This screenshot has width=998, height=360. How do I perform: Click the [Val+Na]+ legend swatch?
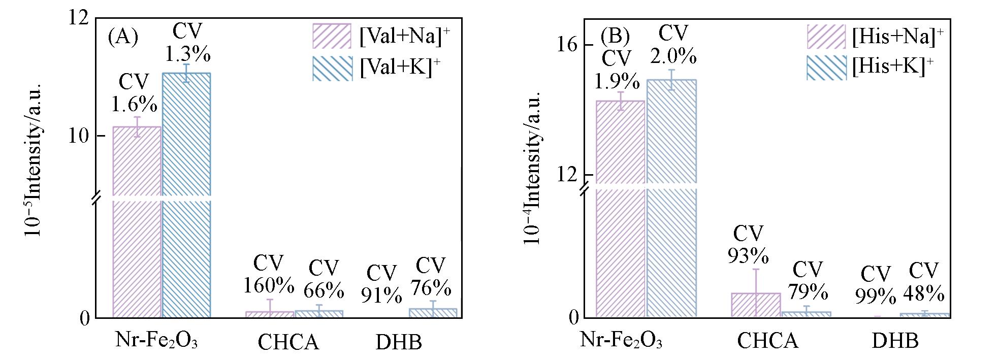[332, 36]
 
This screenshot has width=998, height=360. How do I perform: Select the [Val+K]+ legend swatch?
[332, 68]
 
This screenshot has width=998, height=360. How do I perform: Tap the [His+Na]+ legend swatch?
[826, 37]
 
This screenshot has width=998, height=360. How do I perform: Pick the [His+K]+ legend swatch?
[826, 68]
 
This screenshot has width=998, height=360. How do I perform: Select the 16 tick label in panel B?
[567, 45]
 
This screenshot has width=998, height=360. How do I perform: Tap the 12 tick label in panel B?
[567, 175]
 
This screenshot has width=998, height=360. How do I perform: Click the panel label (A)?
[123, 37]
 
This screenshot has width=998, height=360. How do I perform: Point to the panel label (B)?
[615, 36]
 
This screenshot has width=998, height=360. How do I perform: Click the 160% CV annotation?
[268, 285]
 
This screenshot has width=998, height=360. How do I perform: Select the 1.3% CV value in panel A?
[187, 55]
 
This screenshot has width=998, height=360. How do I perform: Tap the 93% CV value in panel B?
[748, 256]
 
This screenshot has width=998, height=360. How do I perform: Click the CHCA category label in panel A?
[288, 342]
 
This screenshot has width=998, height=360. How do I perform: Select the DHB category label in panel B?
[895, 341]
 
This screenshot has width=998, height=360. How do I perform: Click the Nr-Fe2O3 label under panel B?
[621, 341]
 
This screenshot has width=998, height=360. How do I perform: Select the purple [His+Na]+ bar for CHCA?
[756, 305]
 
